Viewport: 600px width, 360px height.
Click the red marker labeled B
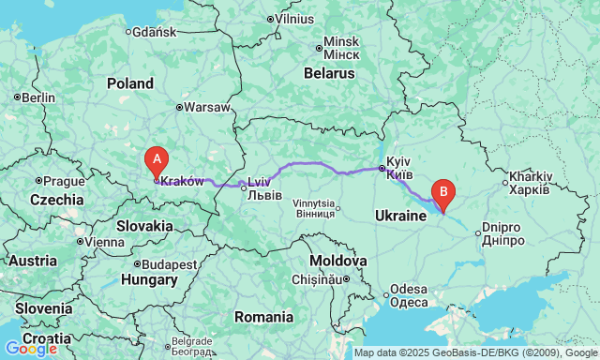pyautogui.click(x=442, y=192)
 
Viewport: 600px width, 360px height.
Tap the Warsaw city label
pyautogui.click(x=206, y=107)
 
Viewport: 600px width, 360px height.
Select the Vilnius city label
pyautogui.click(x=293, y=18)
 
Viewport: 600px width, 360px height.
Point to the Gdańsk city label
pyautogui.click(x=154, y=31)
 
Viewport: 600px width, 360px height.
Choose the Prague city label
pyautogui.click(x=64, y=181)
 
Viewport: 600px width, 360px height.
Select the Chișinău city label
pyautogui.click(x=319, y=278)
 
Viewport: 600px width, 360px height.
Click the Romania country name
pyautogui.click(x=264, y=317)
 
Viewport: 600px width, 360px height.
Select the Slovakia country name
pyautogui.click(x=144, y=225)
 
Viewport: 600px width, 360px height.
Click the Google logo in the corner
pyautogui.click(x=30, y=349)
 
